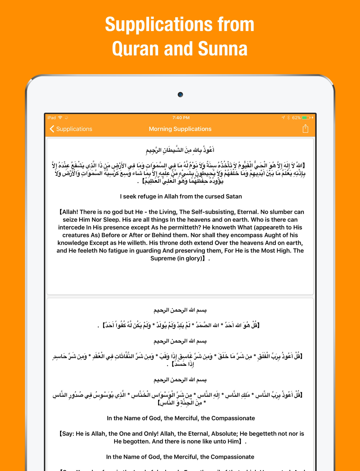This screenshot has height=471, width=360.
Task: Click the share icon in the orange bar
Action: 305,129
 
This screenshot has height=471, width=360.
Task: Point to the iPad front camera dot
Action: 180,95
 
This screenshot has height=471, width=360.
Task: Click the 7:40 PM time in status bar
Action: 181,118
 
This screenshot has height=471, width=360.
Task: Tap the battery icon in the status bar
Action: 306,118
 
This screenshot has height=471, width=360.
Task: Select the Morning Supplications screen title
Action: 180,129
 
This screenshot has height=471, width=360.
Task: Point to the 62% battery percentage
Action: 296,118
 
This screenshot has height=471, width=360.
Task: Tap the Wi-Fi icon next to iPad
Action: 60,118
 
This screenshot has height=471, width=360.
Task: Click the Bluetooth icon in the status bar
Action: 289,118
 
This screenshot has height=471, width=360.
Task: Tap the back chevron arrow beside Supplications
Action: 52,129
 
